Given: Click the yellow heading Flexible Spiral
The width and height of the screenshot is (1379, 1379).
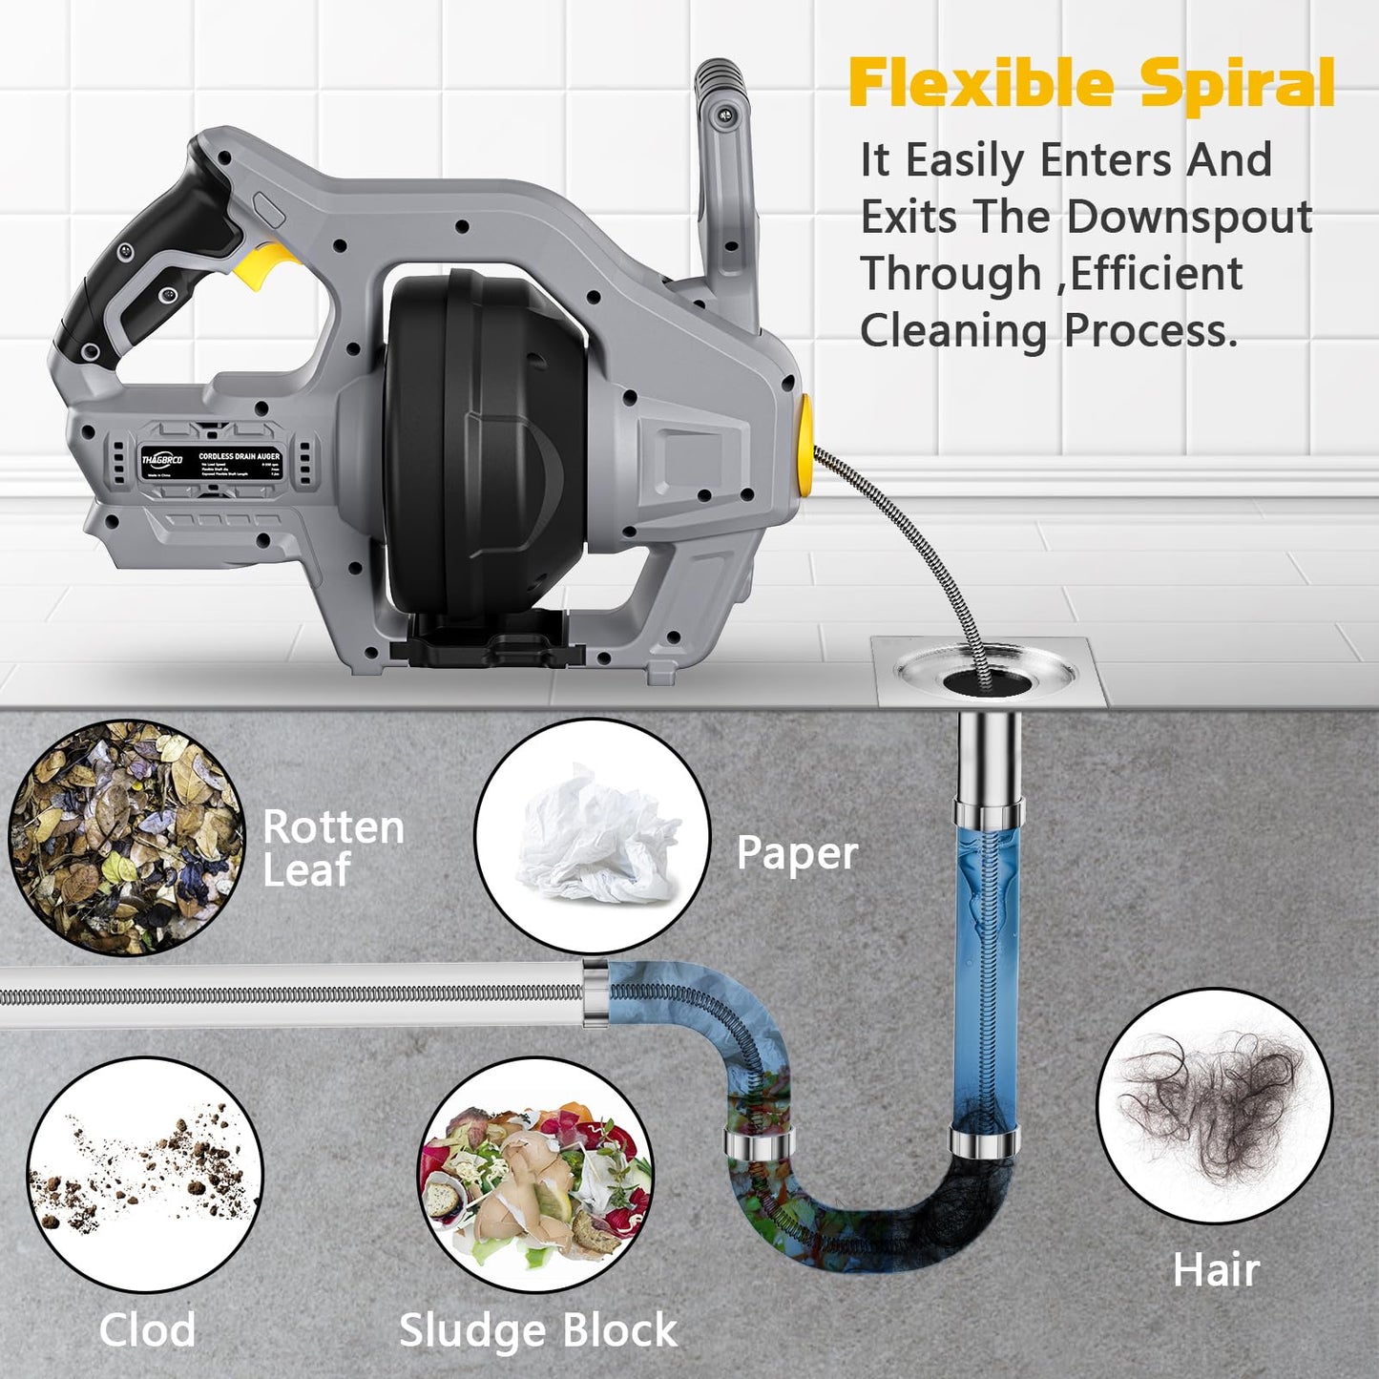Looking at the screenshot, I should [x=1091, y=84].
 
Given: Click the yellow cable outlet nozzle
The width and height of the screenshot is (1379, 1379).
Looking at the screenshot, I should [x=804, y=446].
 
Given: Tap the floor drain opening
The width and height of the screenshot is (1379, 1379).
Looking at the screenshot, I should [x=988, y=679].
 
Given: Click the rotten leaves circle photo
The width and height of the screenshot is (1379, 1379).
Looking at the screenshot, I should [x=126, y=838].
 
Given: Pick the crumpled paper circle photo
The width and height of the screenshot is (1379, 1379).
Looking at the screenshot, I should [x=593, y=836].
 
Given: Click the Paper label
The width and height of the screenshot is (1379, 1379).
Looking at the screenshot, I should [x=797, y=853].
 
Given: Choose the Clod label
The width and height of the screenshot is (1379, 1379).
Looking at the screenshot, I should [x=147, y=1330].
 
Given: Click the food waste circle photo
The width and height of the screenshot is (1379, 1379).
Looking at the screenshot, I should [x=536, y=1175].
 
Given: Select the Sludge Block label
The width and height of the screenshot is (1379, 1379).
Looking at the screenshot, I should [x=538, y=1330].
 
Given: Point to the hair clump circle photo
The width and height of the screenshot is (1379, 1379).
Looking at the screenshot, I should [x=1214, y=1106].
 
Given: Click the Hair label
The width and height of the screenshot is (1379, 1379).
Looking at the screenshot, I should [x=1216, y=1271].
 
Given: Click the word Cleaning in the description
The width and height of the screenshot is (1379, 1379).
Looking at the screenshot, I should [x=953, y=331].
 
